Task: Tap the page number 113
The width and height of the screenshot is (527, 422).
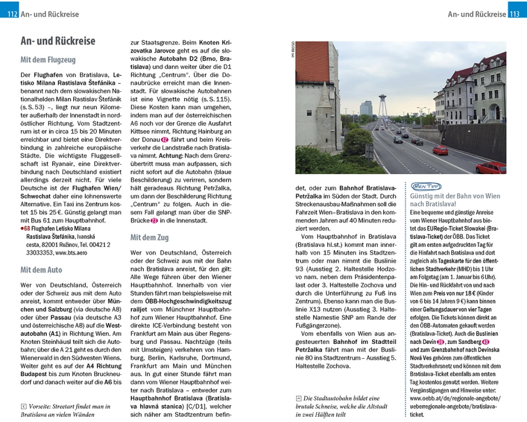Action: coord(514,14)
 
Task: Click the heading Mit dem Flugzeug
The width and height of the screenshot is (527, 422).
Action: coord(48,60)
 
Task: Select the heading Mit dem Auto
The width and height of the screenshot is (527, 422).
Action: coord(41,270)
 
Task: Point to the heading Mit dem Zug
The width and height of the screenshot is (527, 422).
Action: coord(149,237)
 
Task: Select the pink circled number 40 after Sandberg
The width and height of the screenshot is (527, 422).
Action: coord(486,342)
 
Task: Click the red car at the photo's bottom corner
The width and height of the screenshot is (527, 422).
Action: coord(491,168)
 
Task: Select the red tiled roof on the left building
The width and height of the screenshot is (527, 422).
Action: coord(311,61)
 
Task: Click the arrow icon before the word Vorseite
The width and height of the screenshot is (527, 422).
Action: coord(23,406)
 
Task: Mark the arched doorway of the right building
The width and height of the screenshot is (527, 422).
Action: coord(494,112)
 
